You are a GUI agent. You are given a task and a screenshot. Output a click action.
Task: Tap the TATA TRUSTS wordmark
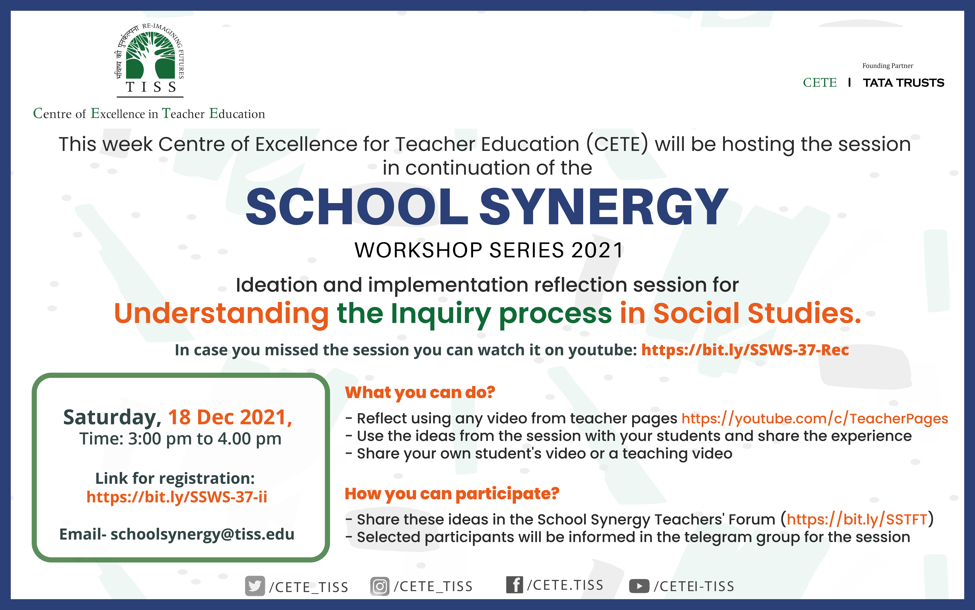(x=903, y=83)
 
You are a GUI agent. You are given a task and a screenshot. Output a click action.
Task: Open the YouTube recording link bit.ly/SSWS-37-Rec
(x=745, y=350)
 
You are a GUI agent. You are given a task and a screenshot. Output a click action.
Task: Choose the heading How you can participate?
(x=452, y=493)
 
